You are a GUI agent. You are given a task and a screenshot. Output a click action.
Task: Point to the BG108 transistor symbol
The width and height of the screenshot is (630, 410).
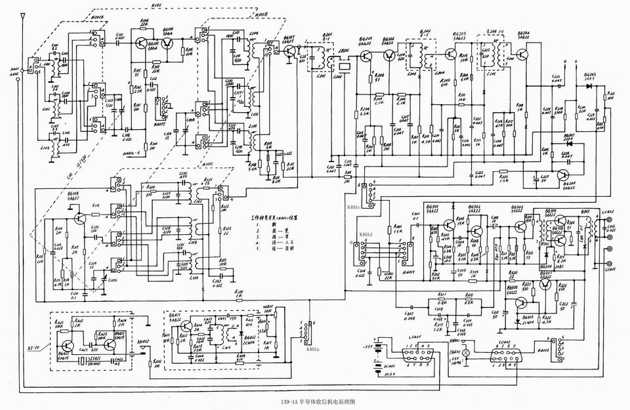[x=79, y=218]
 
